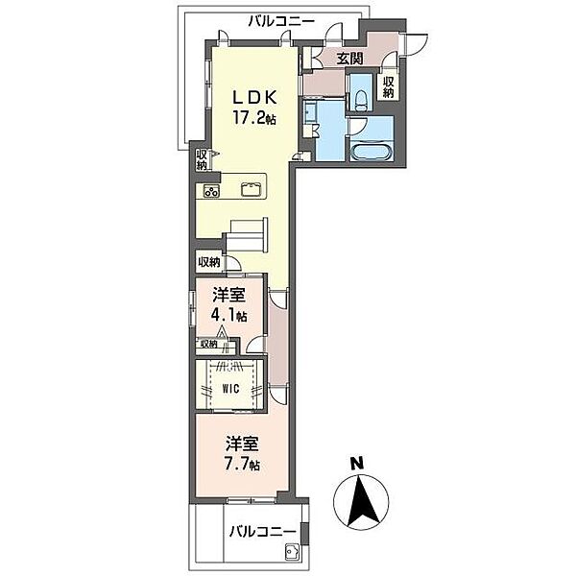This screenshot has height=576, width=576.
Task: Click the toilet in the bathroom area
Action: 359,98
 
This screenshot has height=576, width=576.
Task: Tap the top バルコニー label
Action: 279,19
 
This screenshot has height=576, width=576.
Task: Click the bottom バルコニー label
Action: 259,530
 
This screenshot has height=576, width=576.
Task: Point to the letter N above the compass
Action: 355,463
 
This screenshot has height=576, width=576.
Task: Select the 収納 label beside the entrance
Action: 389,88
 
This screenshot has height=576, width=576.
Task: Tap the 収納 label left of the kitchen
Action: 202,160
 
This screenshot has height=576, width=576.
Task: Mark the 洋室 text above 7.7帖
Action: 242,444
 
